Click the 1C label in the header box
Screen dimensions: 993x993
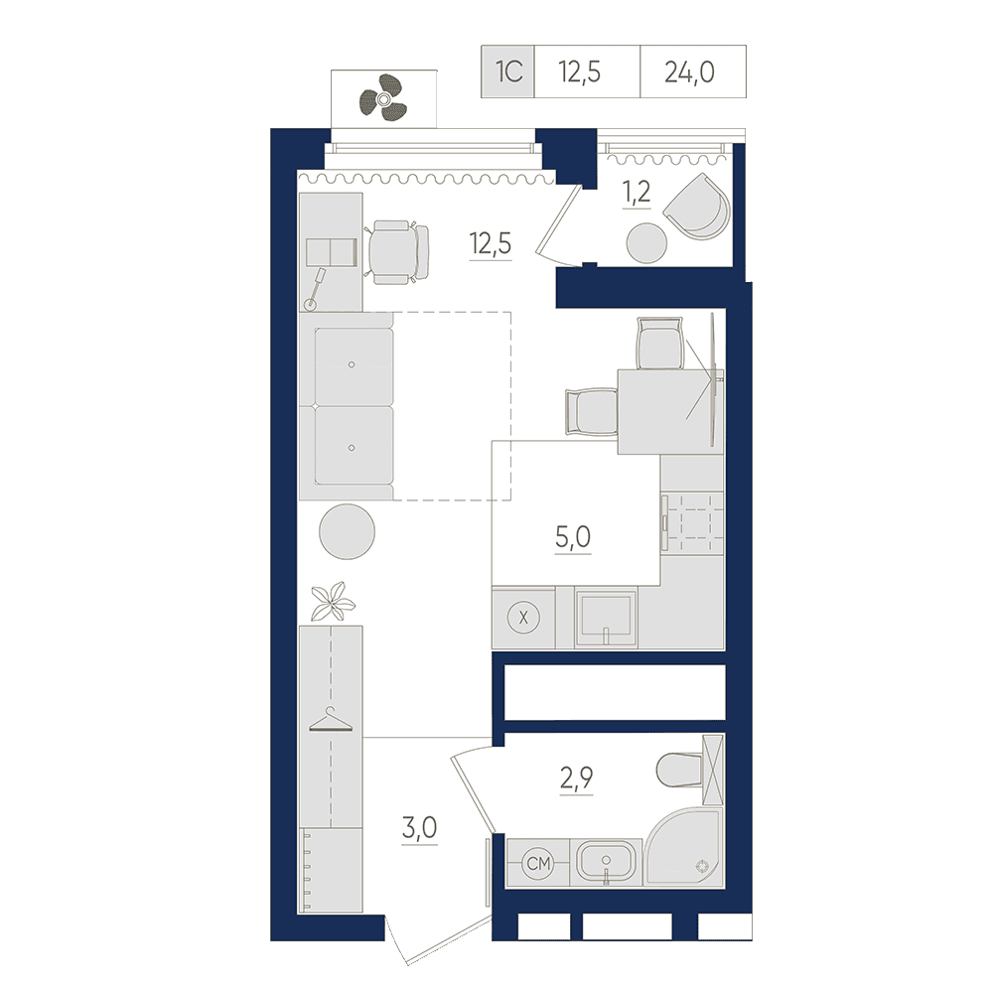[x=508, y=71]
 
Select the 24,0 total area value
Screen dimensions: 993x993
[x=690, y=72]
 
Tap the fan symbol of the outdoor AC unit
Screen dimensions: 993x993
[x=382, y=98]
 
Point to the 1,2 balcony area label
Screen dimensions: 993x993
[x=637, y=192]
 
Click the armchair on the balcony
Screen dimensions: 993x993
[x=696, y=207]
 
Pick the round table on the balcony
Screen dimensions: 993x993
[x=646, y=243]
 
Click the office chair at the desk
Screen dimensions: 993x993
[x=397, y=252]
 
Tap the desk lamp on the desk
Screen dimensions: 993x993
[x=315, y=290]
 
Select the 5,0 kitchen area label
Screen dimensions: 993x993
[x=573, y=537]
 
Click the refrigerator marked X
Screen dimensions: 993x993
[x=523, y=618]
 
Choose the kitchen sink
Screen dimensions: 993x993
[x=606, y=618]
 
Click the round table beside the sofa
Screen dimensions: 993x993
[x=347, y=530]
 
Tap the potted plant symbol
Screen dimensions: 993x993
[x=333, y=601]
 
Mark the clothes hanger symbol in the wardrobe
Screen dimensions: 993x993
[x=330, y=720]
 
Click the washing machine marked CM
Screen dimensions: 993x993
[x=538, y=863]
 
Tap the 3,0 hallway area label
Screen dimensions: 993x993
[x=419, y=828]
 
